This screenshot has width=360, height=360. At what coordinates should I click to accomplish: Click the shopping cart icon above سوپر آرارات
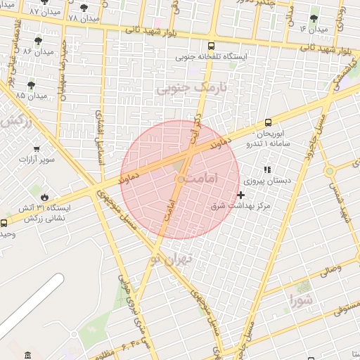[x=37, y=148]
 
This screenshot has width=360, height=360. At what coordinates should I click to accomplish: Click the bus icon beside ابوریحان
[x=269, y=123]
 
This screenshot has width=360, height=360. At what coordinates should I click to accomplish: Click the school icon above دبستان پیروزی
[x=266, y=169]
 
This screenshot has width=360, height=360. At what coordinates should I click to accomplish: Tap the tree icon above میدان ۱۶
[x=314, y=19]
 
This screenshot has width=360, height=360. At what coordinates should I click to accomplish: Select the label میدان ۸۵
[x=31, y=95]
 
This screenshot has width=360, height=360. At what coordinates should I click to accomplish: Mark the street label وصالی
[x=330, y=269]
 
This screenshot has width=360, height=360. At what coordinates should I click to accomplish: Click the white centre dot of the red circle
[x=180, y=180]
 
